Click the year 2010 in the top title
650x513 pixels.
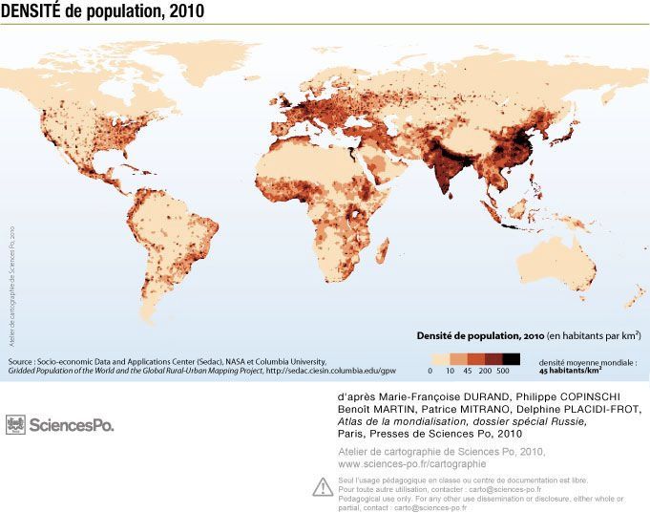coord(181,11)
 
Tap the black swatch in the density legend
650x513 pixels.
coord(511,358)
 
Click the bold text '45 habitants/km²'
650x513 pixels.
coord(576,373)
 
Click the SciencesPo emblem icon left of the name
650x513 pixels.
coord(16,424)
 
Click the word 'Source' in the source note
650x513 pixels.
coord(22,362)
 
